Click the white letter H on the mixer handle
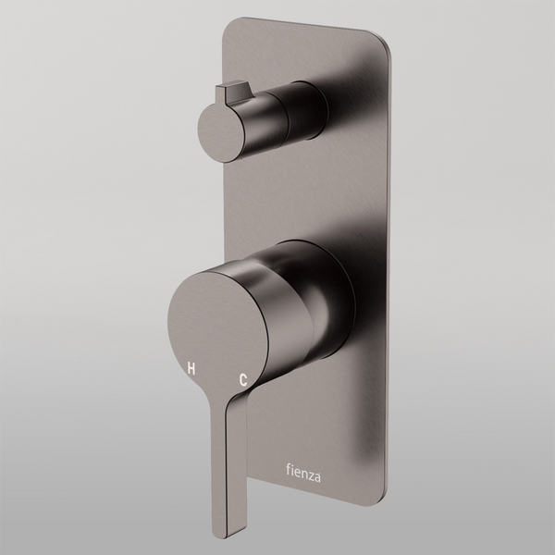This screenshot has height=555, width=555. pos(191,367)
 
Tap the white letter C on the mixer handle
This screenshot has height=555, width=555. pos(243,379)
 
